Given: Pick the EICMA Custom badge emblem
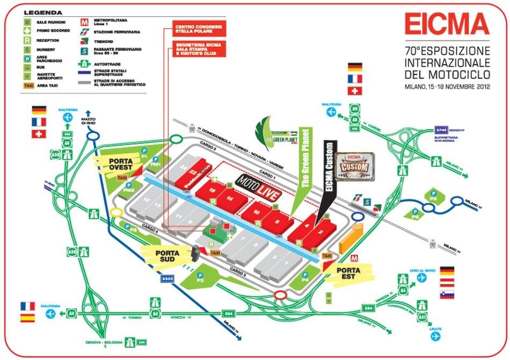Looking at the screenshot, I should pyautogui.click(x=354, y=166).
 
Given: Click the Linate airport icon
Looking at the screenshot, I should pyautogui.click(x=435, y=336).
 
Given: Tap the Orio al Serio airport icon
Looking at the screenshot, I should pyautogui.click(x=422, y=277).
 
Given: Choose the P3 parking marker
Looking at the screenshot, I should pyautogui.click(x=200, y=280).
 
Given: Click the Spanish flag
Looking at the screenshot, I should pyautogui.click(x=27, y=318).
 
